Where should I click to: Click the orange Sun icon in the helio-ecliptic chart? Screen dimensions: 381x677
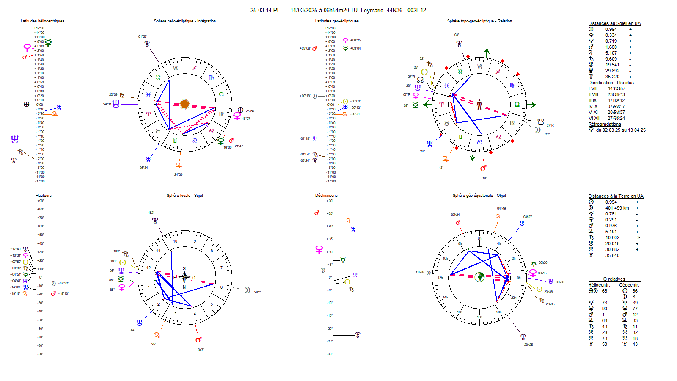click(x=184, y=104)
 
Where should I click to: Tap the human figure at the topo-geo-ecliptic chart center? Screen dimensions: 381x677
click(x=479, y=104)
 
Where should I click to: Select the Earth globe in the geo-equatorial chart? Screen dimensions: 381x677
click(x=479, y=277)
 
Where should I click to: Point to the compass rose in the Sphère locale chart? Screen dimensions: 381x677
click(x=184, y=277)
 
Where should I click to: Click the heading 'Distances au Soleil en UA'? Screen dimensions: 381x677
click(x=614, y=24)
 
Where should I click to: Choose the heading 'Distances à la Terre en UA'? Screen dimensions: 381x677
click(x=616, y=196)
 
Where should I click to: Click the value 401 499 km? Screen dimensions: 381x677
click(x=617, y=208)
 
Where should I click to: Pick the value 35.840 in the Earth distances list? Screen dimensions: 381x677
click(x=612, y=256)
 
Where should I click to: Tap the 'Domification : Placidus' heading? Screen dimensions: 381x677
click(x=611, y=83)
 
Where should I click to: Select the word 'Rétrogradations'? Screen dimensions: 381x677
click(x=605, y=124)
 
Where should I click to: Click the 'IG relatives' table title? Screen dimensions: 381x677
click(x=614, y=279)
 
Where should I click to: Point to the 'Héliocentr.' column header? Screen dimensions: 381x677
click(x=599, y=285)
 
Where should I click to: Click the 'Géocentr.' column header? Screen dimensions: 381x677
click(x=629, y=285)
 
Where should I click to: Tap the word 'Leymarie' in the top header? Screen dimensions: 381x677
click(x=372, y=11)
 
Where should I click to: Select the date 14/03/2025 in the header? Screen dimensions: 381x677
click(x=303, y=11)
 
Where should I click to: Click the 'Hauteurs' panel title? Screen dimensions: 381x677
click(x=44, y=196)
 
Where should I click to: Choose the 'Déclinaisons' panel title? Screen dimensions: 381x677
click(x=326, y=196)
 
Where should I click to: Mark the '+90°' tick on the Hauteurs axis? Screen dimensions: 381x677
click(x=41, y=201)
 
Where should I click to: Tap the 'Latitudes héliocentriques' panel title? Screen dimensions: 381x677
click(x=42, y=21)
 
